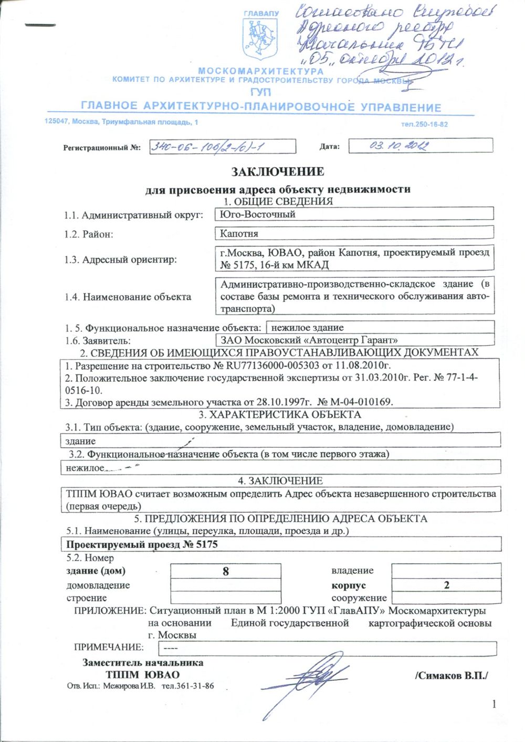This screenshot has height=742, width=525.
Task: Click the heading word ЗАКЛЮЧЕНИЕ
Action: click(x=278, y=172)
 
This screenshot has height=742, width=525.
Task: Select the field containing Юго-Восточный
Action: click(x=354, y=214)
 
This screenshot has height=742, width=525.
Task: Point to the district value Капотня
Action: click(x=239, y=233)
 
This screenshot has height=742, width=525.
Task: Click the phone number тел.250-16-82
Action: click(x=424, y=124)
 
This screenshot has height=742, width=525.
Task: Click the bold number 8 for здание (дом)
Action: click(x=226, y=571)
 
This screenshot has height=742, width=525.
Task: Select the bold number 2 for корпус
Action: click(x=446, y=585)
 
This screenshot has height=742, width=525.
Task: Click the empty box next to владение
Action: click(x=446, y=571)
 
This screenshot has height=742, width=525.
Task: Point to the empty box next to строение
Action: click(x=226, y=598)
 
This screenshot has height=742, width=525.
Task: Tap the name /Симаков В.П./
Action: click(x=451, y=675)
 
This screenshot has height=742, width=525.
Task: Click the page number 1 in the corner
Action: click(x=493, y=704)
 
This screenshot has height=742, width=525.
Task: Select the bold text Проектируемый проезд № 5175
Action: click(x=142, y=544)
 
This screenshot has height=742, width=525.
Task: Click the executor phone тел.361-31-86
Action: click(x=187, y=686)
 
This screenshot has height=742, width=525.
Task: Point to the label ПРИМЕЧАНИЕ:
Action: click(x=109, y=647)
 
